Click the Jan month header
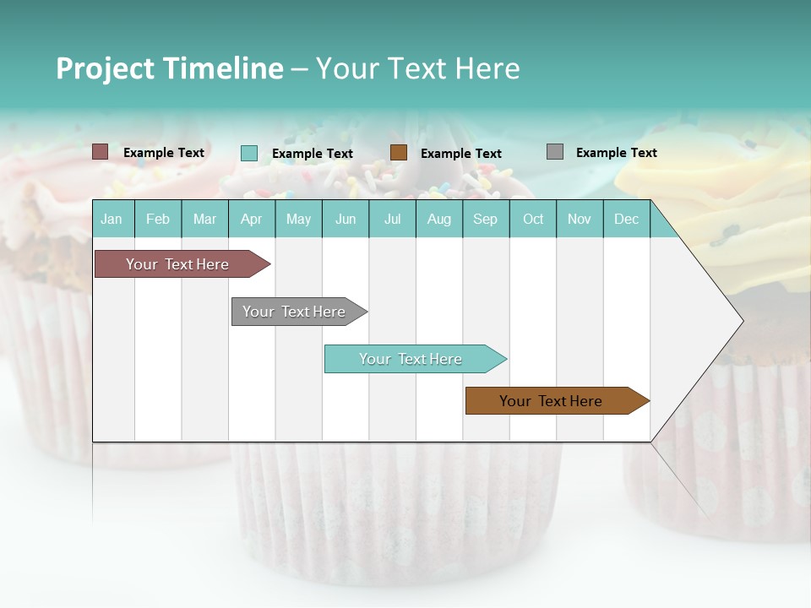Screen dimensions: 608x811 (112, 219)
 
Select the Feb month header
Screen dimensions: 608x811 (158, 219)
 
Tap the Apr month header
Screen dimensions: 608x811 (251, 219)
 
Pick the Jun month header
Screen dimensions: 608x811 (346, 219)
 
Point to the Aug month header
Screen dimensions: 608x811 (438, 219)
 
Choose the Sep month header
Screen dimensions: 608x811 (485, 219)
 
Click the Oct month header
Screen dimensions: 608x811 (533, 219)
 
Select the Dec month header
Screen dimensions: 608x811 (626, 219)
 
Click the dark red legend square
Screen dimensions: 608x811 (100, 152)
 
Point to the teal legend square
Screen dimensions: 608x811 (248, 153)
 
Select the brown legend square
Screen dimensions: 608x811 (399, 152)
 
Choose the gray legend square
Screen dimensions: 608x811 (554, 152)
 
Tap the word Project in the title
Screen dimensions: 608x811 (105, 68)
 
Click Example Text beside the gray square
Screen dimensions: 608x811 (616, 153)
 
